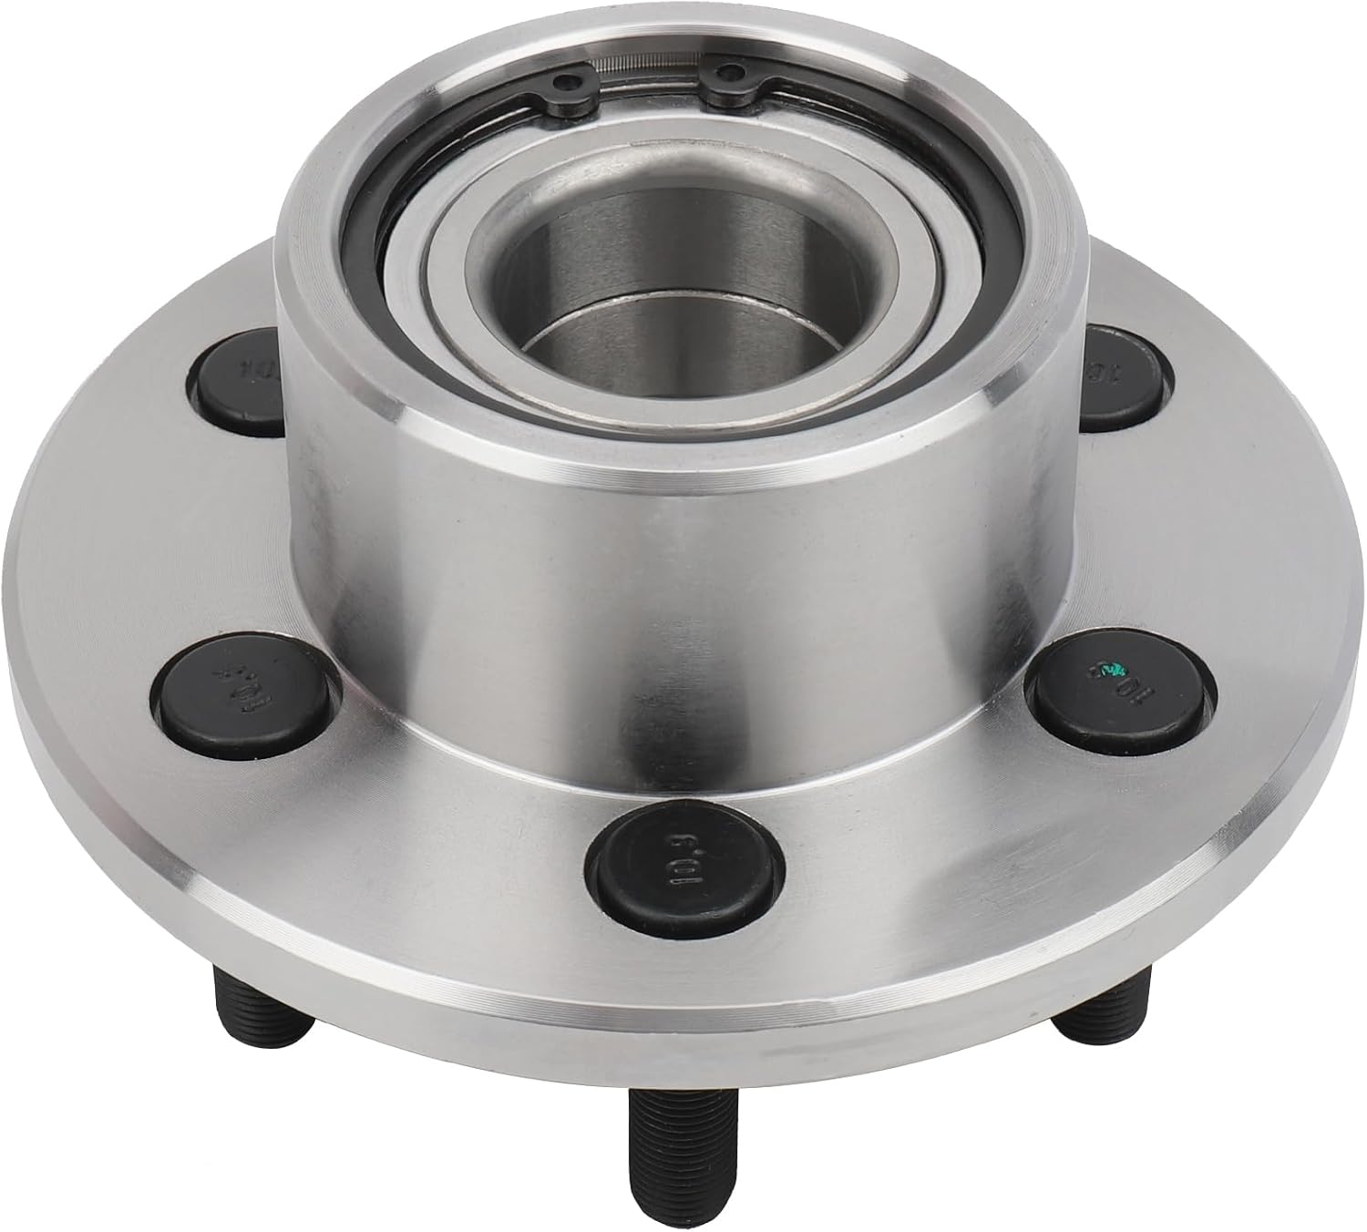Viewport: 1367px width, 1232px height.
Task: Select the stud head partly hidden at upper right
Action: click(x=1125, y=375)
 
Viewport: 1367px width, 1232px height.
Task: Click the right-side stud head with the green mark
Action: click(x=1119, y=679)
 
